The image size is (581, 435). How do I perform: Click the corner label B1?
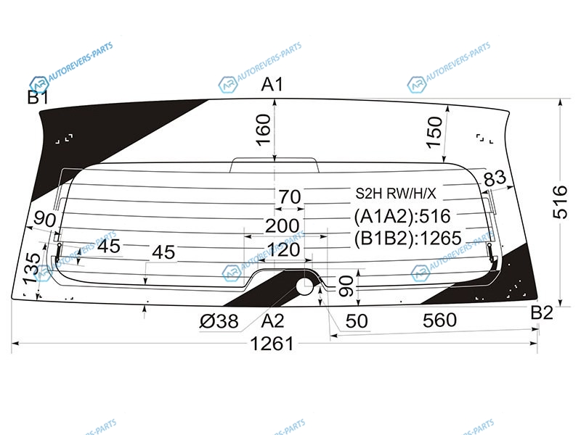(38, 98)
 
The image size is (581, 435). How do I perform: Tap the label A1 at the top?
(272, 85)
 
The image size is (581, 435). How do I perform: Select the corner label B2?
(542, 313)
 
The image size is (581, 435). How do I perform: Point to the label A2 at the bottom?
(273, 321)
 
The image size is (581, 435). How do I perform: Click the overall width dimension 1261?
(272, 344)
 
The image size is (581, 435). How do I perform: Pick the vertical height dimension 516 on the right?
(560, 202)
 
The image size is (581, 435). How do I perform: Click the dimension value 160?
(264, 130)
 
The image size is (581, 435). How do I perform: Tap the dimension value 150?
(434, 133)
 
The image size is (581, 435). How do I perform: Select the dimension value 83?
(495, 178)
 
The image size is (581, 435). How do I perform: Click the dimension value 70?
(290, 196)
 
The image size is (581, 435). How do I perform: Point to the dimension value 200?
(283, 225)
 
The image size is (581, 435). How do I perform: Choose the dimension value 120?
(283, 250)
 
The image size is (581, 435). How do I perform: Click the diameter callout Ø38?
(219, 321)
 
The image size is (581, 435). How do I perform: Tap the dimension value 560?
(439, 320)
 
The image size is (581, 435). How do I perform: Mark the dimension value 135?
(31, 269)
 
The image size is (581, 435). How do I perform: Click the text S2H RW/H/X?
(396, 194)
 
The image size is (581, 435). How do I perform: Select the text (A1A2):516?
(402, 216)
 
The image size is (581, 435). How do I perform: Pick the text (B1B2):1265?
(408, 239)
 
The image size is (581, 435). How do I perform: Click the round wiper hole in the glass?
(305, 286)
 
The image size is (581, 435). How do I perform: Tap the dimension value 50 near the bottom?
(357, 321)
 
